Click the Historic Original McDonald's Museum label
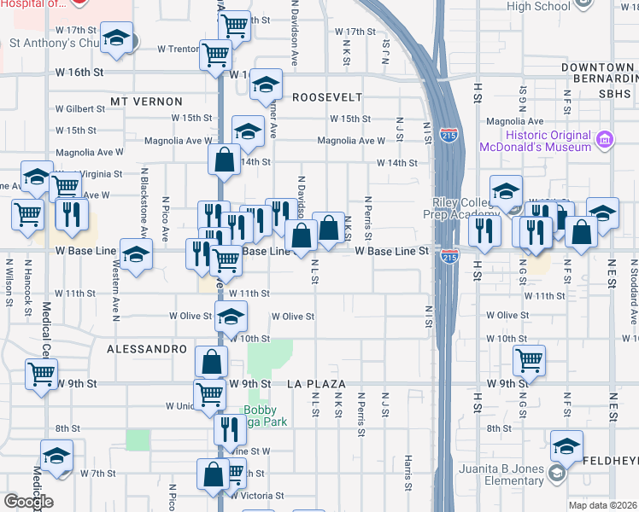click(548, 141)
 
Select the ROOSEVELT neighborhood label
click(327, 97)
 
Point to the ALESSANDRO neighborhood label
click(147, 349)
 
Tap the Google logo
click(28, 502)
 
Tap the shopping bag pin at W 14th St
click(224, 160)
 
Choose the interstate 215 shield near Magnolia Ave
click(449, 134)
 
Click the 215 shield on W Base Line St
click(450, 255)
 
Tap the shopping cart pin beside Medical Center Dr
click(41, 375)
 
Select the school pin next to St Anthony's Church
click(116, 39)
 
